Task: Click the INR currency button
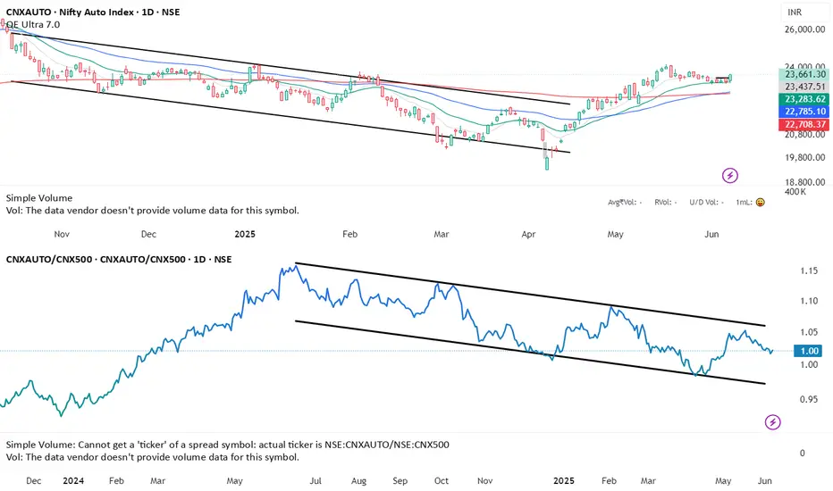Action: click(x=794, y=12)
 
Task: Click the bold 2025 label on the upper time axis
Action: click(x=245, y=235)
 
